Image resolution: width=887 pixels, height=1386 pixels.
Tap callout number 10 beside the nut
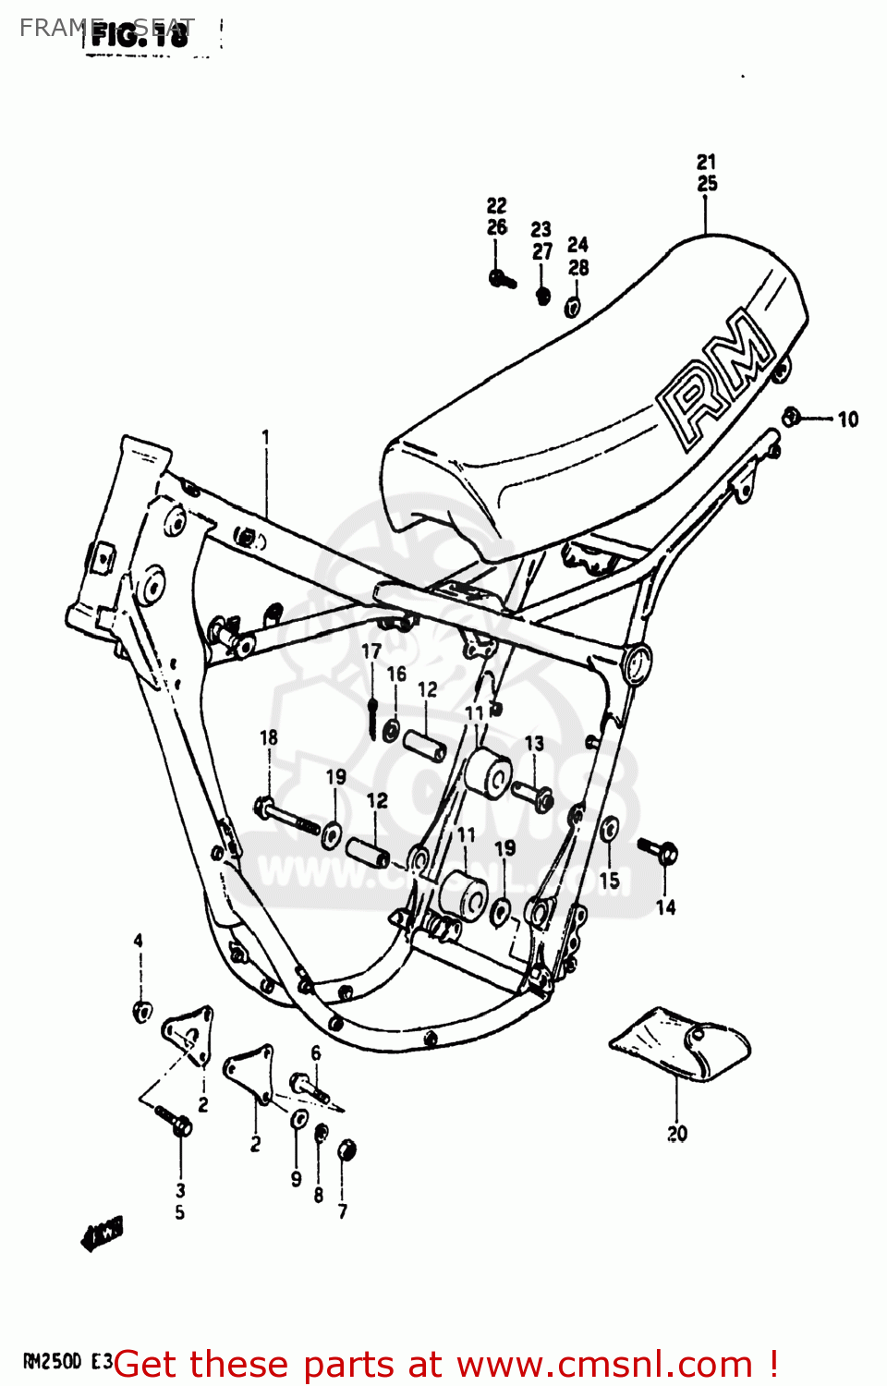pyautogui.click(x=847, y=420)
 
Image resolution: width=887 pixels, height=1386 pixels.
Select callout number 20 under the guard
pyautogui.click(x=677, y=1133)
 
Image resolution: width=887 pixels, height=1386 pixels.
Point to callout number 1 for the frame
pyautogui.click(x=266, y=437)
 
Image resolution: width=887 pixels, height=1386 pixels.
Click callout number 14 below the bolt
pyautogui.click(x=665, y=908)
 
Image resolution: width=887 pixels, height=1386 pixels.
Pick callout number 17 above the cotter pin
pyautogui.click(x=371, y=651)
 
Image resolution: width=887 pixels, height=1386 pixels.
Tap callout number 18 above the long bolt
pyautogui.click(x=268, y=737)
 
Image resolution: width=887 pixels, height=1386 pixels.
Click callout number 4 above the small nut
pyautogui.click(x=139, y=941)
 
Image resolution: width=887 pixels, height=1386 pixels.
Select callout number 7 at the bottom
pyautogui.click(x=343, y=1210)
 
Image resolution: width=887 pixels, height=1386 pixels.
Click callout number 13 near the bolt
pyautogui.click(x=534, y=744)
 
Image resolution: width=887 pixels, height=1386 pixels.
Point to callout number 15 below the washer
pyautogui.click(x=610, y=881)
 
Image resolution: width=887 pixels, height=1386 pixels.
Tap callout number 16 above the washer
pyautogui.click(x=396, y=675)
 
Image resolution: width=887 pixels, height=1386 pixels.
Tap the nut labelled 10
pyautogui.click(x=791, y=417)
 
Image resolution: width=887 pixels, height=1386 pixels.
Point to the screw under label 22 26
pyautogui.click(x=502, y=278)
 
